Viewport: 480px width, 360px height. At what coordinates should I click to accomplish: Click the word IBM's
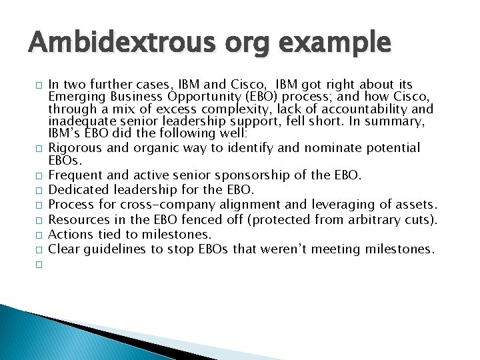click(65, 133)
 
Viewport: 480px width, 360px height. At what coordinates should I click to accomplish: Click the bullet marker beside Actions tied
click(40, 234)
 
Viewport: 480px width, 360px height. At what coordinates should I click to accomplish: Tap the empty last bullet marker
click(40, 263)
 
